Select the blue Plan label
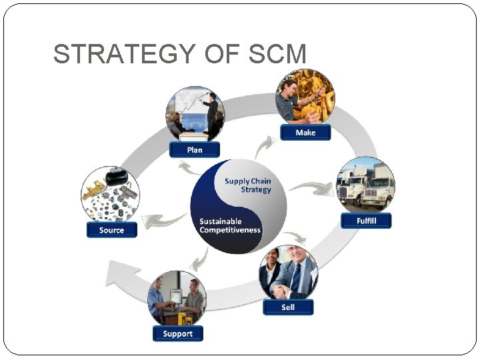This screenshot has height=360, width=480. (195, 149)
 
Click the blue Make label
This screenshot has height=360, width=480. (305, 132)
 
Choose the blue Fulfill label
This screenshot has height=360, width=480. (366, 221)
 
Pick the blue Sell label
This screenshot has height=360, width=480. (288, 307)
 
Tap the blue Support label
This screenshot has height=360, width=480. (177, 333)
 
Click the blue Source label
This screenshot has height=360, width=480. (111, 230)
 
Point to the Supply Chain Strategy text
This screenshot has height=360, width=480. (248, 185)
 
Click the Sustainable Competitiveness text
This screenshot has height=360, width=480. (230, 225)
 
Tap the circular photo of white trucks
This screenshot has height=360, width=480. (366, 185)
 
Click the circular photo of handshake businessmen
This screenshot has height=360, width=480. (288, 273)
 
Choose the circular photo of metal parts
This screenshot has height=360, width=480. (110, 195)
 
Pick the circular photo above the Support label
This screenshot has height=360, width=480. (177, 299)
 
